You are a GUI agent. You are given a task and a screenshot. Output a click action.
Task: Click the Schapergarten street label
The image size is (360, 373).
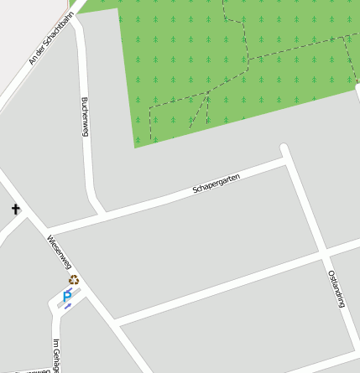pyautogui.click(x=217, y=183)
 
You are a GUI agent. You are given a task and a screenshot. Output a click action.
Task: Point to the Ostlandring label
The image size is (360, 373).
pyautogui.click(x=336, y=289)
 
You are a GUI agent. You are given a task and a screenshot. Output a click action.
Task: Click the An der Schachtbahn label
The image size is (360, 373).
pyautogui.click(x=46, y=44)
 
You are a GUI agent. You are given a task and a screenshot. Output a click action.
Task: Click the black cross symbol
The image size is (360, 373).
pyautogui.click(x=15, y=209)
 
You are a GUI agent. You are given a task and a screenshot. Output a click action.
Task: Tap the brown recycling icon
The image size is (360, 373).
pyautogui.click(x=74, y=280)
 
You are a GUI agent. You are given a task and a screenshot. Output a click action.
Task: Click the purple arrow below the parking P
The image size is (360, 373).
pyautogui.click(x=67, y=307)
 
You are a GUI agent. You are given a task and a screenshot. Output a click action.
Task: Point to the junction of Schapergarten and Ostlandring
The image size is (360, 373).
pyautogui.click(x=288, y=161)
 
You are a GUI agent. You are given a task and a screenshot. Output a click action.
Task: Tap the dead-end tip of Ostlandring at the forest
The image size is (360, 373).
pyautogui.click(x=284, y=148)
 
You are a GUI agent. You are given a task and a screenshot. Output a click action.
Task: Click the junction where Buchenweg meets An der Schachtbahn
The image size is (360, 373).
pyautogui.click(x=74, y=18)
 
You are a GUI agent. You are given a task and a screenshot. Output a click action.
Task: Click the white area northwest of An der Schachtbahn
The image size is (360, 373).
pyautogui.click(x=17, y=21)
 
